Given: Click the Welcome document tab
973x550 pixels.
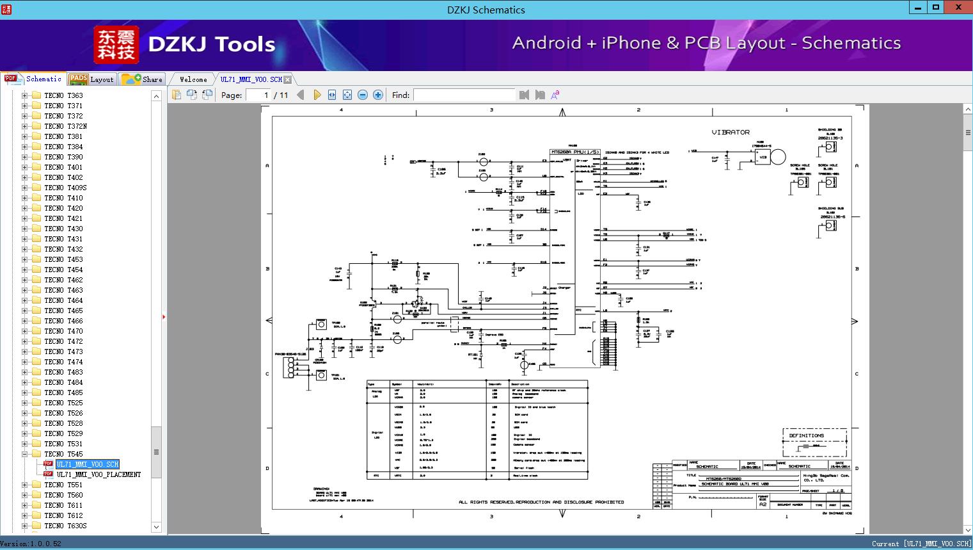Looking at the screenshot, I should point(193,79).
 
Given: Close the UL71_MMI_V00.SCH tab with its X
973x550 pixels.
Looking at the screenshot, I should point(288,79).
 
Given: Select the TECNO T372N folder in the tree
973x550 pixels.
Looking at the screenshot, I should point(65,126).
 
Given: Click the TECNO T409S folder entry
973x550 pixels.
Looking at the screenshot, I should point(65,188).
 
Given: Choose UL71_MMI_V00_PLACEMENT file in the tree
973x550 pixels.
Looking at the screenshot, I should point(99,474).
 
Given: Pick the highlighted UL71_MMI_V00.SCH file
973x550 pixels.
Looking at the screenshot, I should point(88,464).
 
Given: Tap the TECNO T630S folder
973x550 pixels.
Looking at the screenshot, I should point(65,526).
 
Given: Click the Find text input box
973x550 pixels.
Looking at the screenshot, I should point(464,95).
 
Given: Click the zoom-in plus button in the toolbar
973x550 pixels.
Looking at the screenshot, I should point(378,95).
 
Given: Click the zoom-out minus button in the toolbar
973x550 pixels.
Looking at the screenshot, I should point(363,95).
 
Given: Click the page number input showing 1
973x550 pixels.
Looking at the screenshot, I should point(258,95).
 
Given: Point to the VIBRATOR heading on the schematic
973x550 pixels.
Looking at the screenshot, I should point(731,133).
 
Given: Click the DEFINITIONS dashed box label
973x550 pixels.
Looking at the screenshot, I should point(806,435).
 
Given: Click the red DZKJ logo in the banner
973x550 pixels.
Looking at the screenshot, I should point(116,45).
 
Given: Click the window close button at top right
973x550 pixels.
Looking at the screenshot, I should point(958,8).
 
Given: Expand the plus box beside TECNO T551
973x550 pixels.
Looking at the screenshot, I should point(25,485).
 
